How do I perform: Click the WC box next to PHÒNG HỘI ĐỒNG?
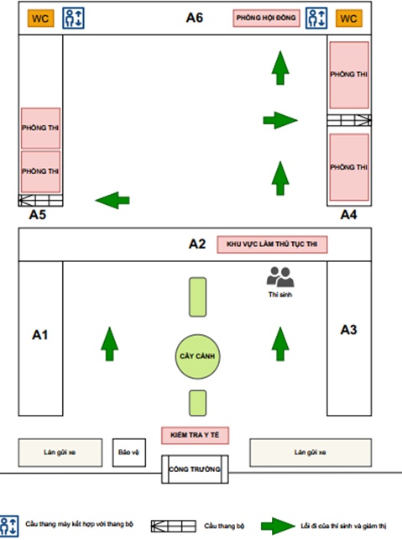tap(348, 18)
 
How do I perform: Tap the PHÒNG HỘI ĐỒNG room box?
tap(266, 18)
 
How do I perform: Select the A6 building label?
tap(195, 18)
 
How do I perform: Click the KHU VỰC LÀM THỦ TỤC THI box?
tap(272, 244)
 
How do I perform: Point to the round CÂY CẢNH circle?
tap(197, 356)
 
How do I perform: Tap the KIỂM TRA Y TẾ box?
tap(195, 435)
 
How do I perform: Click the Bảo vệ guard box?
tap(129, 453)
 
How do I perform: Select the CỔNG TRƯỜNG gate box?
tap(195, 469)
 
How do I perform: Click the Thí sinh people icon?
tap(280, 277)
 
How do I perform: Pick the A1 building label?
tap(40, 335)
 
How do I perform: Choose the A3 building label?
tap(348, 330)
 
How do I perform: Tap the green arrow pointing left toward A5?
tap(112, 201)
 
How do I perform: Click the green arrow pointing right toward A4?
tap(280, 120)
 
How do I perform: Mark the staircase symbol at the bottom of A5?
tap(40, 201)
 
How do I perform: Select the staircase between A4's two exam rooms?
tap(349, 120)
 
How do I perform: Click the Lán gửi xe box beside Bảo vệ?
tap(60, 453)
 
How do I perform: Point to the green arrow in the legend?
tap(278, 526)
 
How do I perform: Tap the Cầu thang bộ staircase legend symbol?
tap(174, 527)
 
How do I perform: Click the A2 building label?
tap(197, 244)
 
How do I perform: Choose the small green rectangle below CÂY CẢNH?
tap(197, 403)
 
